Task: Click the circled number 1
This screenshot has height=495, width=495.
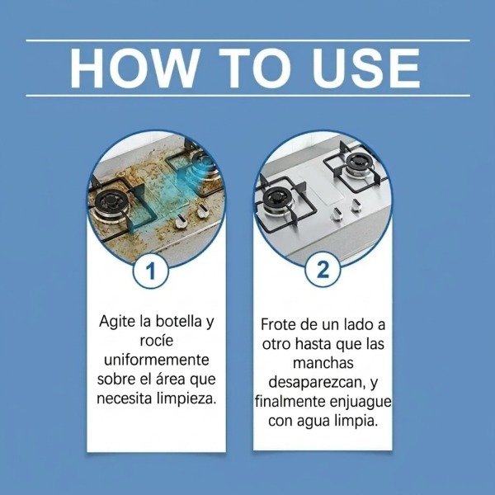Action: (x=151, y=271)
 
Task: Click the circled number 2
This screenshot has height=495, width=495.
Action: (x=323, y=270)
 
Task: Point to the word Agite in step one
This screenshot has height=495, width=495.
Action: (x=117, y=322)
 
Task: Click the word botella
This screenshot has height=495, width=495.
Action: (x=179, y=321)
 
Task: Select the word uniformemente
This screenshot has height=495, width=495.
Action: (x=157, y=360)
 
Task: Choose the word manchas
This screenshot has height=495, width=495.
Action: (x=323, y=363)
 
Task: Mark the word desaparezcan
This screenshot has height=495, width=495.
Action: (x=318, y=382)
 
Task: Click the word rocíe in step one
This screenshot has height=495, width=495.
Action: (x=157, y=340)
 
